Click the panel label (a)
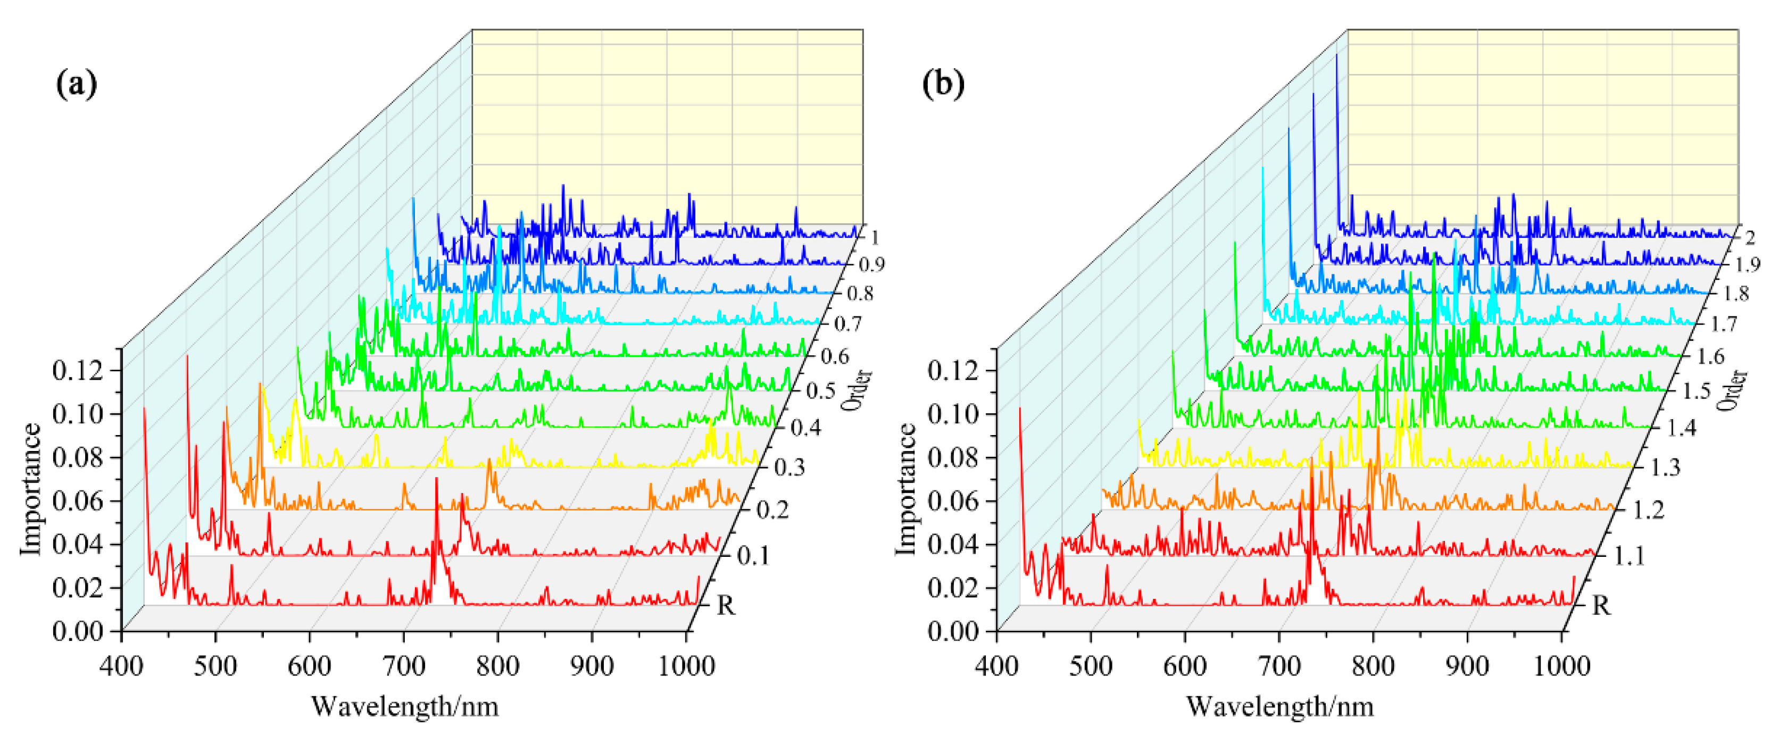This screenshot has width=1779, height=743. (76, 84)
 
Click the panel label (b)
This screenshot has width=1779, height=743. (943, 84)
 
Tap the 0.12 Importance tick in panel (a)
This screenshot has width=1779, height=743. (77, 371)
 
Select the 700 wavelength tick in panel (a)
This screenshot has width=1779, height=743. (404, 666)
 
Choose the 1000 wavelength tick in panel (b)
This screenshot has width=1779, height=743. (1561, 666)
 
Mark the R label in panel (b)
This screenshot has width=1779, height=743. (1601, 606)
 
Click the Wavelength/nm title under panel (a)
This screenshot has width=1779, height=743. (405, 706)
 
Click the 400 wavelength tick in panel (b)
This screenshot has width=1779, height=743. (996, 666)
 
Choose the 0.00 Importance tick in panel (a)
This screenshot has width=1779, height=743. (77, 630)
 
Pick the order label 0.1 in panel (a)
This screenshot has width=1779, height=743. (753, 555)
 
